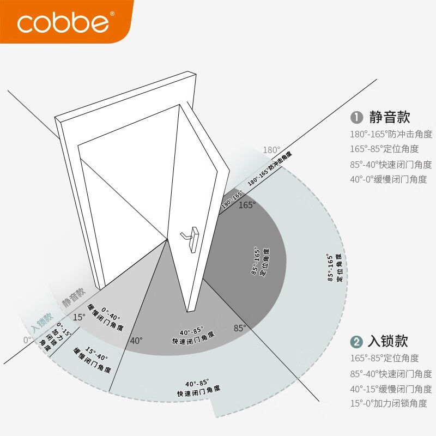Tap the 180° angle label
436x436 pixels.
click(x=271, y=150)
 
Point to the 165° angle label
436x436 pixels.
click(x=246, y=205)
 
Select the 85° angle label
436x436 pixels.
click(x=240, y=328)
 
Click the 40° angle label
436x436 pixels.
click(x=136, y=341)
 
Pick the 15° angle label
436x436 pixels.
click(x=79, y=317)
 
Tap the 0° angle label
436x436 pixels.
click(x=28, y=340)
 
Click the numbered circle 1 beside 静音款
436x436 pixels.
click(x=356, y=117)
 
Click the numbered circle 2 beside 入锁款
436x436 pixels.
click(x=356, y=342)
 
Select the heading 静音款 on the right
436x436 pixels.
click(x=389, y=117)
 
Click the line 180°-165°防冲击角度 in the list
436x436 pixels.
click(x=391, y=134)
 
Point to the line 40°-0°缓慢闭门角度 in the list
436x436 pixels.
click(x=388, y=179)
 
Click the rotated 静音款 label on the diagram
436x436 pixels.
click(x=74, y=297)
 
